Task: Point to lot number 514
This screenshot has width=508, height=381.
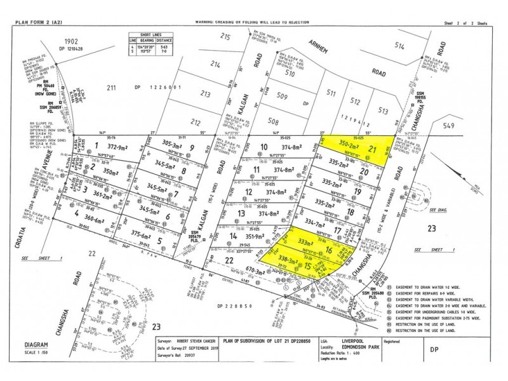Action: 399,46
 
